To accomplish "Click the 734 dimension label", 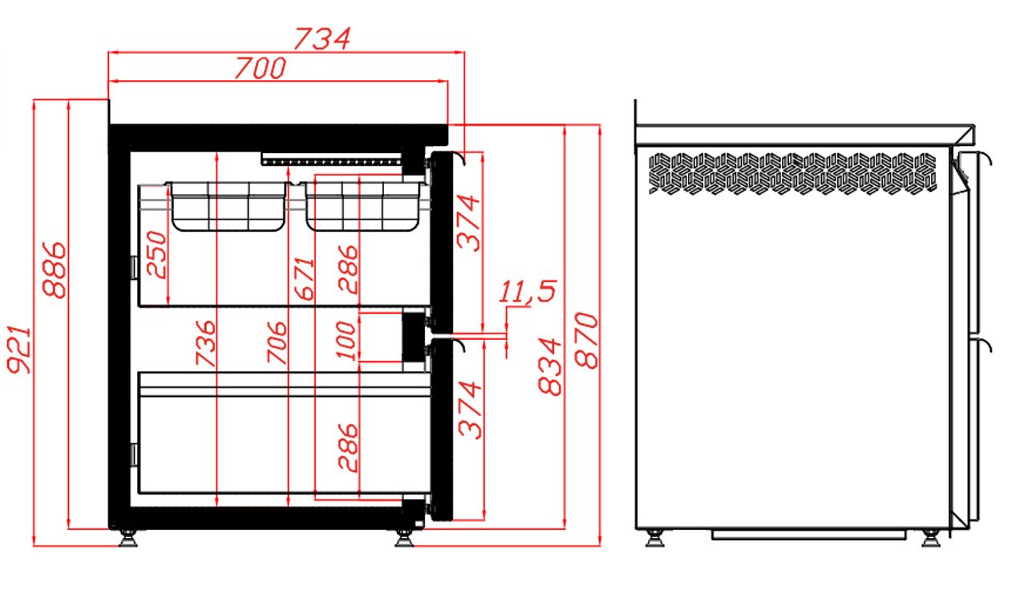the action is click(322, 38).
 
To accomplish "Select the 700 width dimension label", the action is click(261, 68).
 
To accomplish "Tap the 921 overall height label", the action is click(19, 350).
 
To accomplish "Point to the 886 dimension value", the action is click(55, 269).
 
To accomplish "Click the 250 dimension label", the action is click(156, 255).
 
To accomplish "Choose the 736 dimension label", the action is click(205, 343).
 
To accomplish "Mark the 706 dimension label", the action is click(277, 342).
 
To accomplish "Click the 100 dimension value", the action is click(346, 341).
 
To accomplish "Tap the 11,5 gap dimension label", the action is click(528, 291).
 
